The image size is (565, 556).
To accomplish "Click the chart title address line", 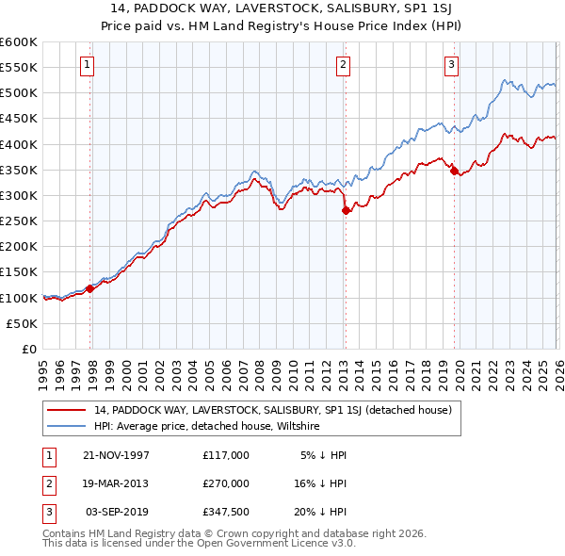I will [x=282, y=8].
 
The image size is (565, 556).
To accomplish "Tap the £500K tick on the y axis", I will [x=18, y=93].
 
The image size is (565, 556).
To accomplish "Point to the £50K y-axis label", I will [x=22, y=323].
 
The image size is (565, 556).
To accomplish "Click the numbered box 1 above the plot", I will [x=87, y=65].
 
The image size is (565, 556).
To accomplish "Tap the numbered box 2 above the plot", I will [x=343, y=65].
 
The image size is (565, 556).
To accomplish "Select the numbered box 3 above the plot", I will [x=451, y=65].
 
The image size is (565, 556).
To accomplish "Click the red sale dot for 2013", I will [x=346, y=210].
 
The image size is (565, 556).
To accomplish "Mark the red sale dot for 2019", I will [x=453, y=171].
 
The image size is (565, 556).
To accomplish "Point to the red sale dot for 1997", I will [x=90, y=288].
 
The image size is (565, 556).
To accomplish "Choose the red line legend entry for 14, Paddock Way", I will [x=273, y=410].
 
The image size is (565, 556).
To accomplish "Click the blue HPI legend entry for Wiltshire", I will [x=207, y=426].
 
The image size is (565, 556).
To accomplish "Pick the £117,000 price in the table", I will [x=226, y=455].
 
